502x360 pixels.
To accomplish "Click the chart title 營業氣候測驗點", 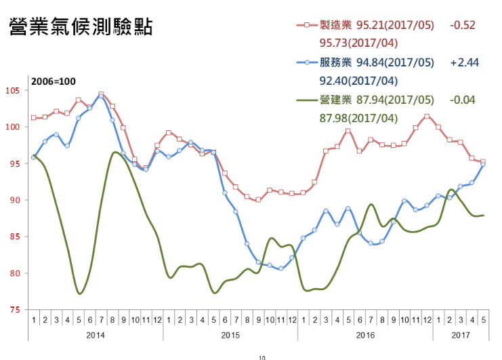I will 80,27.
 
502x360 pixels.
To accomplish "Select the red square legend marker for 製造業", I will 307,25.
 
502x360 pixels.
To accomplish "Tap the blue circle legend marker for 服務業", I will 307,63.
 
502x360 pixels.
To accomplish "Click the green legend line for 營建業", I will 307,100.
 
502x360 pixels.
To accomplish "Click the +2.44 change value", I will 464,63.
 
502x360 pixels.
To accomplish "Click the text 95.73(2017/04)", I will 358,43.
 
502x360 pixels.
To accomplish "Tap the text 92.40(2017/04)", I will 358,81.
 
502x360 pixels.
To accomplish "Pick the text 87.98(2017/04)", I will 358,119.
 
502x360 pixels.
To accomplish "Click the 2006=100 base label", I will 54,81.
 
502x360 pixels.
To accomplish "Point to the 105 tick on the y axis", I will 12,90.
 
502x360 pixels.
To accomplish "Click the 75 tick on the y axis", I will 14,310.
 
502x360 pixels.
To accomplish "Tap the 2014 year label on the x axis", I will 95,335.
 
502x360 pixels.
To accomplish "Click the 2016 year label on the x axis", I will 365,335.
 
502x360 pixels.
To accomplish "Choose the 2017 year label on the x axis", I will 461,335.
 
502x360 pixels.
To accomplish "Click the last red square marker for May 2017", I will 483,162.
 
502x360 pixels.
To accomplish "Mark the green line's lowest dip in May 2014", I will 80,294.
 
